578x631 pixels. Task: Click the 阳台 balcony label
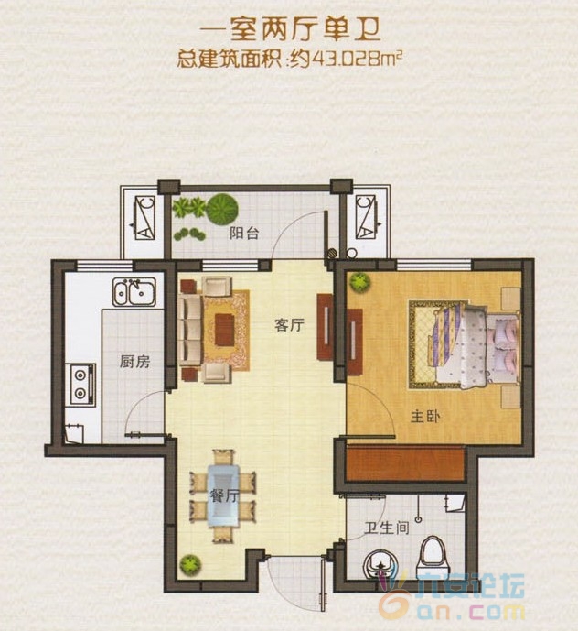point(244,234)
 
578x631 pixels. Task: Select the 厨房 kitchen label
point(134,362)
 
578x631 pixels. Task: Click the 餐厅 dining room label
point(224,496)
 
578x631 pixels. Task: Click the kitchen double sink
point(134,293)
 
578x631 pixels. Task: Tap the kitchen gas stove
point(81,385)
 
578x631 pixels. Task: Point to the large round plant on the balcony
point(220,209)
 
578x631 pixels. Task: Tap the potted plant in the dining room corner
point(190,563)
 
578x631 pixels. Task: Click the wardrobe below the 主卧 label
point(402,462)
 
